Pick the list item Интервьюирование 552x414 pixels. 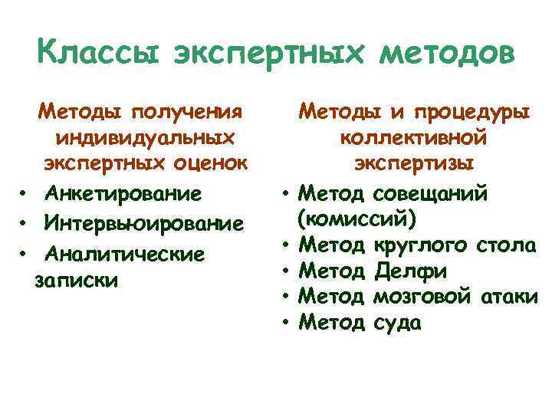(x=144, y=222)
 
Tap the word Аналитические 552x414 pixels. (x=124, y=252)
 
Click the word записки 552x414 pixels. (x=77, y=279)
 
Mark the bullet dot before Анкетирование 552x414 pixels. (x=25, y=193)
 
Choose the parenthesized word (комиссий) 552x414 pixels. (x=357, y=219)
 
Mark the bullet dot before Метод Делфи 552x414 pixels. (x=284, y=272)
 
